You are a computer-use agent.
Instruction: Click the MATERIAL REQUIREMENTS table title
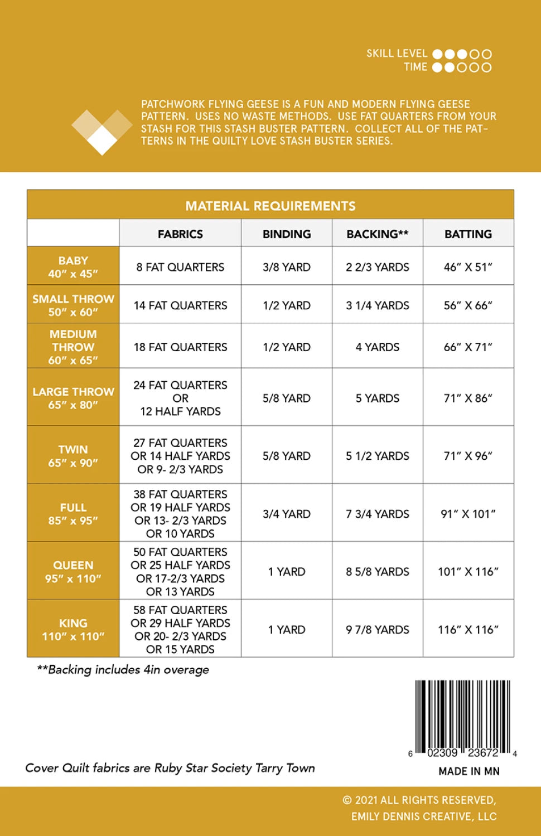pos(270,206)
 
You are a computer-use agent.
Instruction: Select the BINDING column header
pos(287,234)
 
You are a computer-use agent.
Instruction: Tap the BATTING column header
pos(468,234)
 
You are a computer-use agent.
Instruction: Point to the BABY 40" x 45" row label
pos(73,267)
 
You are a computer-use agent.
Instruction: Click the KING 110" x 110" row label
pos(73,629)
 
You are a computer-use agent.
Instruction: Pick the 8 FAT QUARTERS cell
pos(180,267)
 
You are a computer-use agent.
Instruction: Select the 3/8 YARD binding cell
pos(287,267)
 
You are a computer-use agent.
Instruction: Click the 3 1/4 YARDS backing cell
pos(378,305)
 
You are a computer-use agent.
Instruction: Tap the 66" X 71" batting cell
pos(468,347)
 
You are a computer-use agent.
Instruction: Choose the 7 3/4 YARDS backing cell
pos(378,514)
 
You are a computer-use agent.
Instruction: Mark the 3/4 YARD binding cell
pos(287,514)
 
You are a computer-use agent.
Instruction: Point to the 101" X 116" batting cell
pos(468,572)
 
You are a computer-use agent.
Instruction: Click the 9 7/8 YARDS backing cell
pos(378,630)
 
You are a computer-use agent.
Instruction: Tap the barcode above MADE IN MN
pos(462,716)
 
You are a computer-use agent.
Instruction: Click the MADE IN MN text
pos(469,771)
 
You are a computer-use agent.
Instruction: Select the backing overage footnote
pos(123,669)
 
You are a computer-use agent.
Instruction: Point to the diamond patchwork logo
pos(102,130)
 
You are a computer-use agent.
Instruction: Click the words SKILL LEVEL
pos(397,54)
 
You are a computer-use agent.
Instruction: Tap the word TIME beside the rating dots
pos(416,67)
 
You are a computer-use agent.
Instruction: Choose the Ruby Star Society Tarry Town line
pos(170,768)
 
